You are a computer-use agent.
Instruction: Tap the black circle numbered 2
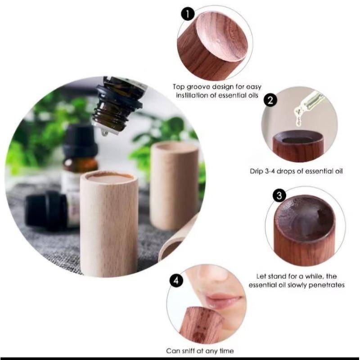pos(270,100)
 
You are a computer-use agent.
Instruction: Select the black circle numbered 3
pos(279,196)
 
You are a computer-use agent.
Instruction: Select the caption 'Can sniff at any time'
pos(200,351)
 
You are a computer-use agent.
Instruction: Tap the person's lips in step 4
pos(223,300)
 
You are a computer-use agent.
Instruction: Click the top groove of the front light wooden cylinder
pos(110,176)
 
